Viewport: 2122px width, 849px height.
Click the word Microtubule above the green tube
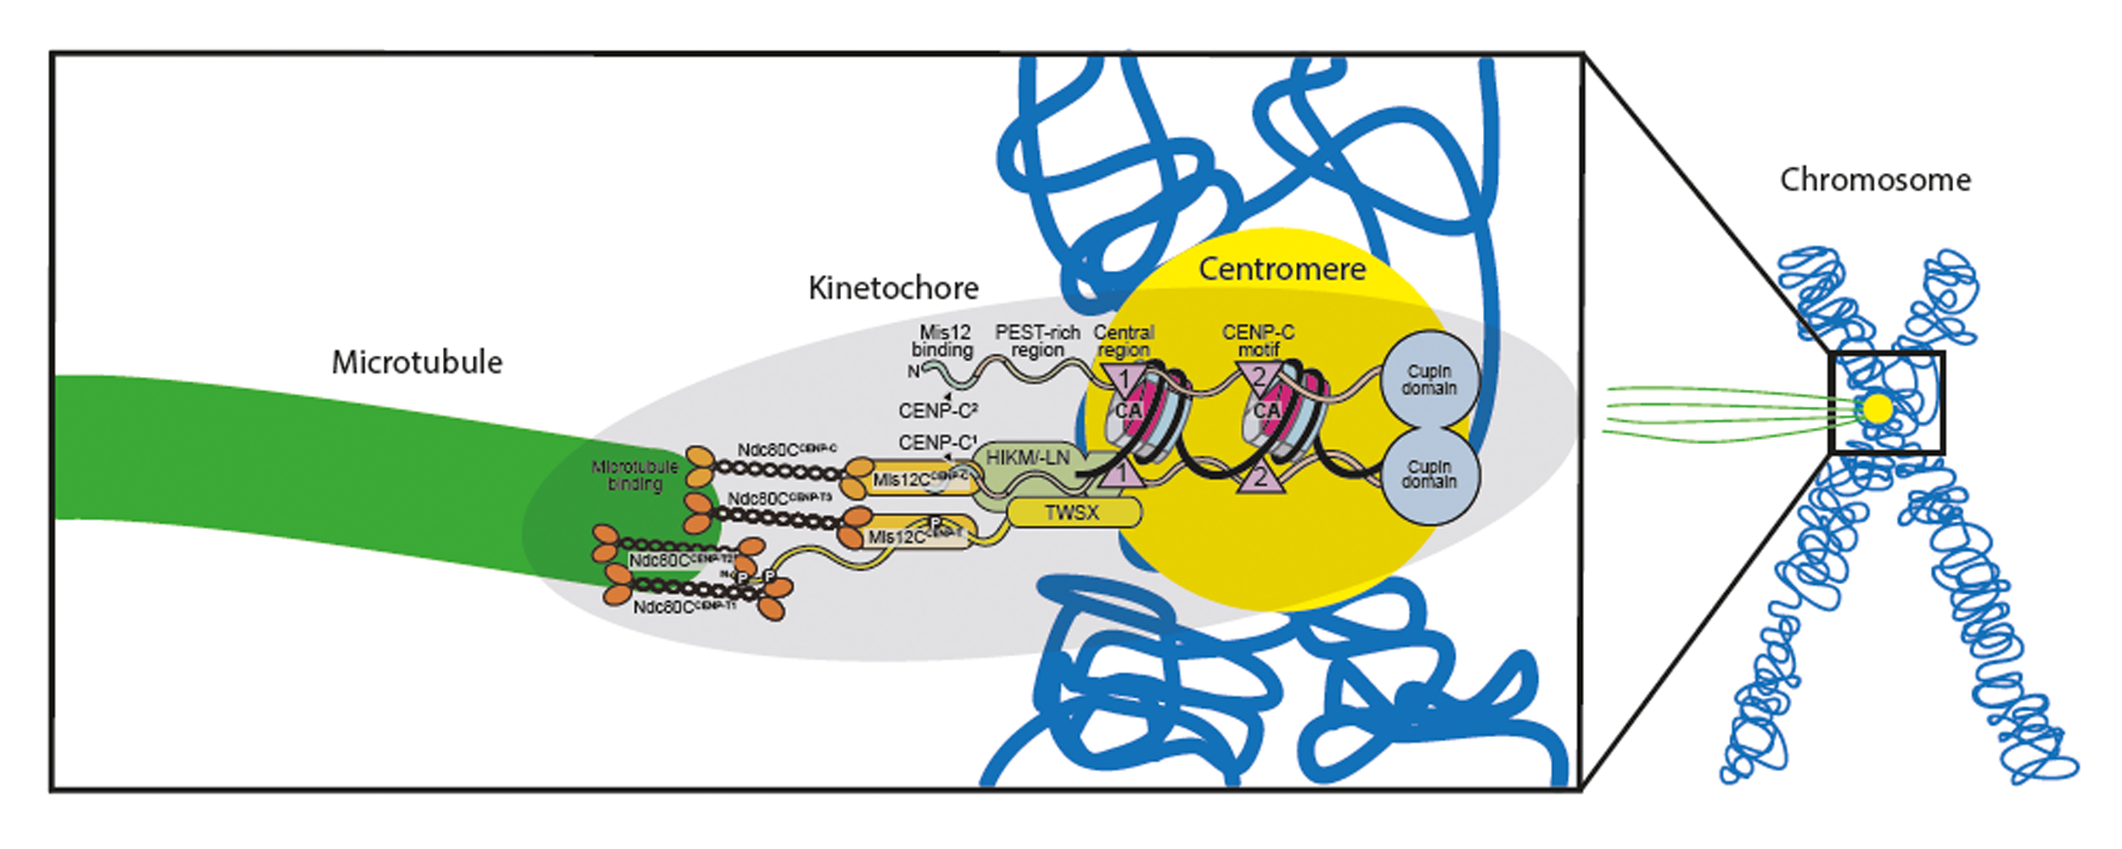(417, 363)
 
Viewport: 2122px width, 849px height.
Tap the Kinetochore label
(893, 289)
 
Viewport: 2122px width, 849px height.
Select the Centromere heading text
(1282, 270)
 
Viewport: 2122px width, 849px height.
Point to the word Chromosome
(1875, 180)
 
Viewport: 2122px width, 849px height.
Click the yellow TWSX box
(1072, 513)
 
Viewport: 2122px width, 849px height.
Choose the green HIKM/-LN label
(1027, 458)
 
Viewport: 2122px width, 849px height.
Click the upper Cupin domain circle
(1429, 380)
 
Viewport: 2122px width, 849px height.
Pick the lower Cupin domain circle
(1429, 475)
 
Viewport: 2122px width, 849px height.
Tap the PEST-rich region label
(1037, 341)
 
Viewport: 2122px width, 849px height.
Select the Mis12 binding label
(943, 341)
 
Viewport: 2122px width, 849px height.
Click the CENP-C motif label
(1258, 340)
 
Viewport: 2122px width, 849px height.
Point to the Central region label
(1124, 341)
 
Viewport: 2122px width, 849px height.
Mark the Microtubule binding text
(635, 475)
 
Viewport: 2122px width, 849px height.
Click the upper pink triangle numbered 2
(1260, 376)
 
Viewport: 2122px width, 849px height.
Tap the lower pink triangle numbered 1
(1122, 475)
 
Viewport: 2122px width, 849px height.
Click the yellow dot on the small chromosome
(1878, 408)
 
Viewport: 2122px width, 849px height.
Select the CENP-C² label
(938, 411)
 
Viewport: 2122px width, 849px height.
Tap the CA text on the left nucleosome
(1128, 412)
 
